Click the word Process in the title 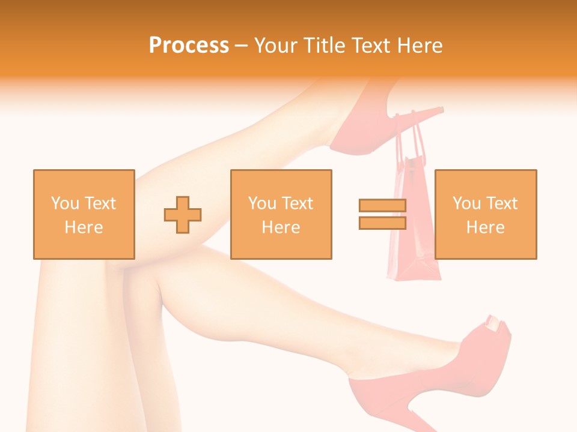tap(189, 46)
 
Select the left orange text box tap(84, 214)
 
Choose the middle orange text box tap(281, 214)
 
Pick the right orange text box tap(485, 214)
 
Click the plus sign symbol tap(183, 214)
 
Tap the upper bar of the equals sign tap(382, 205)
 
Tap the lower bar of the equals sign tap(382, 223)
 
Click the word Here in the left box tap(84, 227)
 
